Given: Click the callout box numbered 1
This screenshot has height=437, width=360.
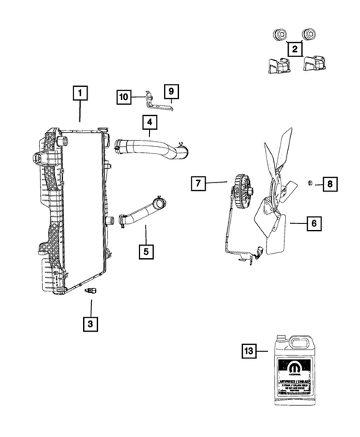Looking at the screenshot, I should pos(80,94).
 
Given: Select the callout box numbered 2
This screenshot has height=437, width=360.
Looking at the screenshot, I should pos(295,50).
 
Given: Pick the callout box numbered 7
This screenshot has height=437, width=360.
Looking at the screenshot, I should pos(199,182).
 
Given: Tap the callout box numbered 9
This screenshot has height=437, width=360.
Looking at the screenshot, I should pos(171,92).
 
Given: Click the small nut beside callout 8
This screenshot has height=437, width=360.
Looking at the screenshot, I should pos(310,183).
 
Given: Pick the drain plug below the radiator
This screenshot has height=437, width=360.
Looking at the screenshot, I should pos(91,291).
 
